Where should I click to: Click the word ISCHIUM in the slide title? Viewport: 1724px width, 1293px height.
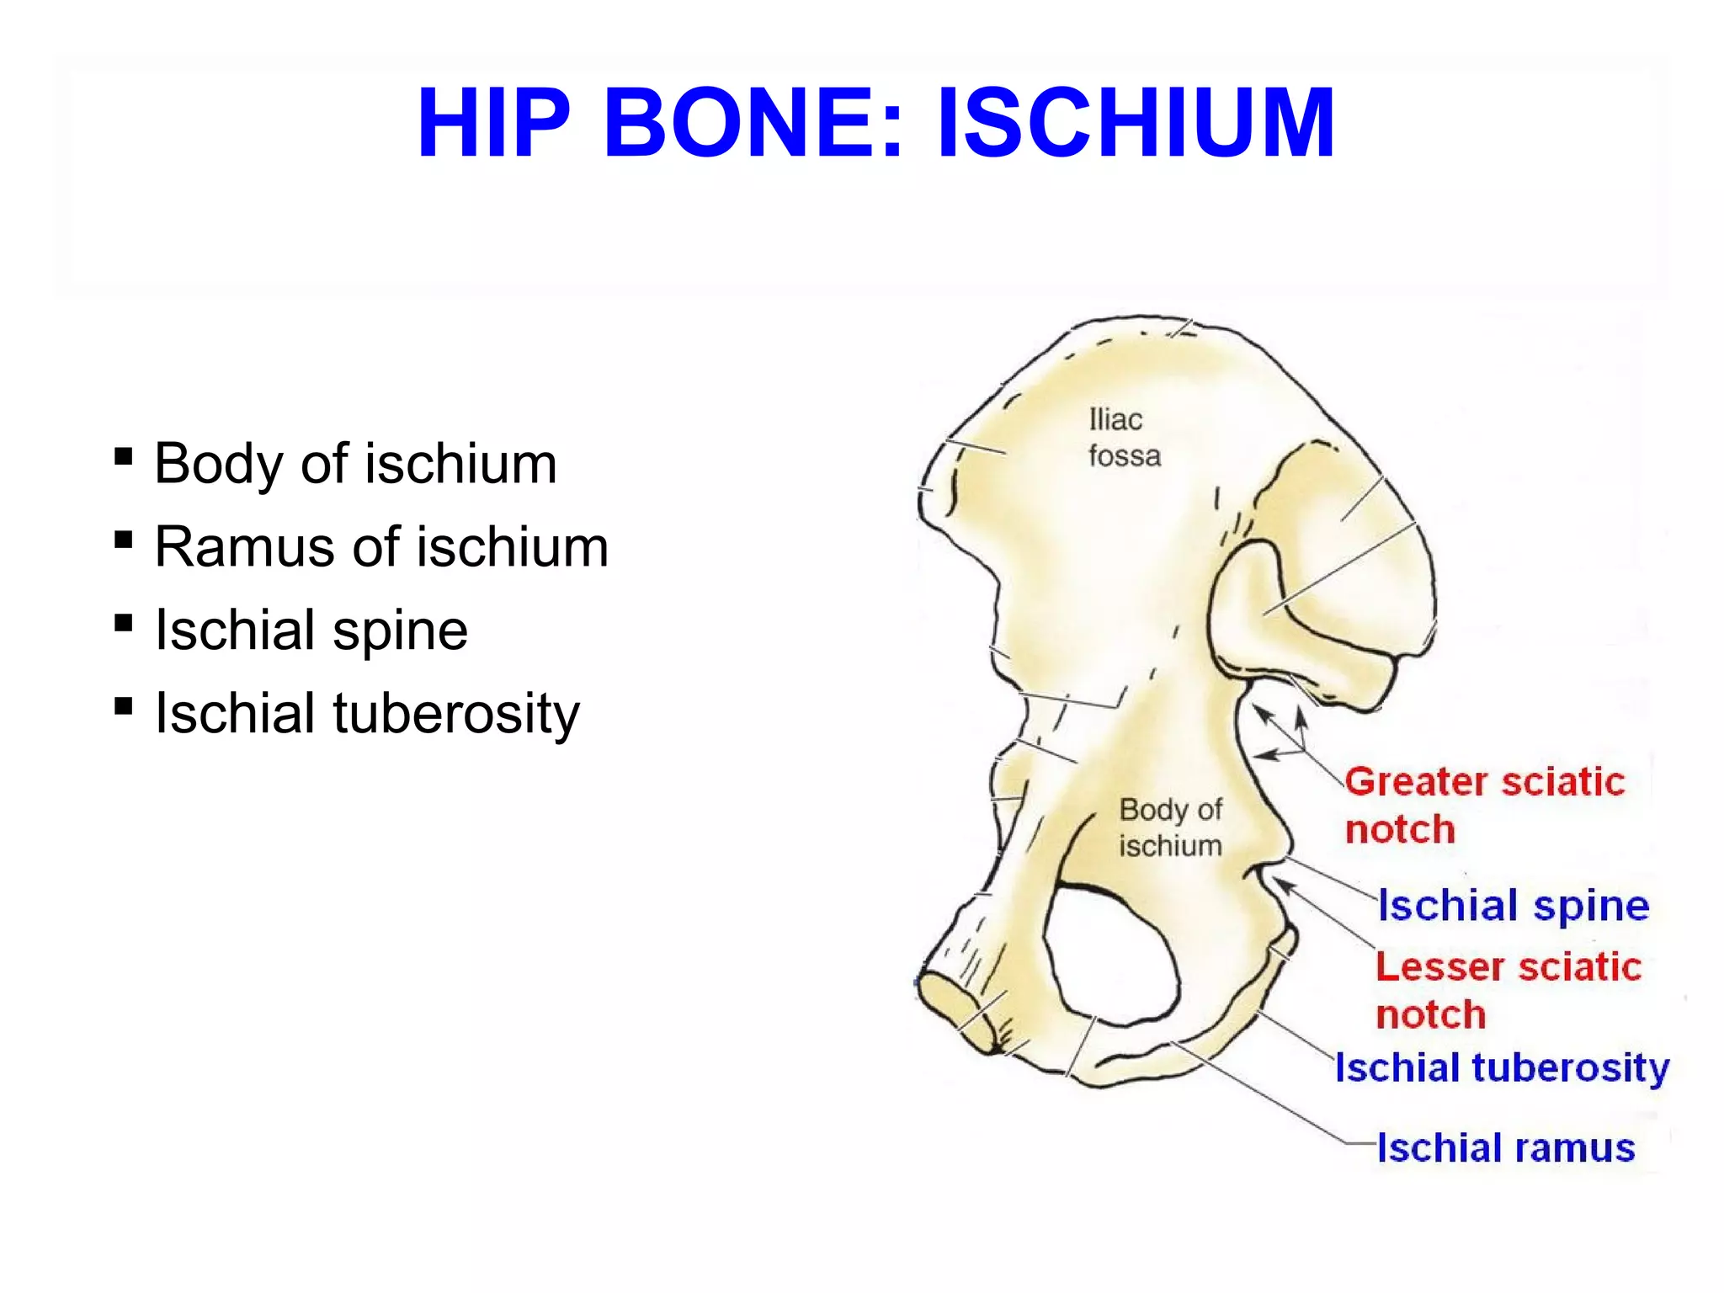pyautogui.click(x=1136, y=123)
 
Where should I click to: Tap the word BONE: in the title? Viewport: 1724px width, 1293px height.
pyautogui.click(x=753, y=123)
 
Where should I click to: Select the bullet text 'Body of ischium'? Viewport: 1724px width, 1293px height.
pyautogui.click(x=355, y=464)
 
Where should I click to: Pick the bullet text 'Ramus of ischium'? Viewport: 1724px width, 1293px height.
pyautogui.click(x=381, y=547)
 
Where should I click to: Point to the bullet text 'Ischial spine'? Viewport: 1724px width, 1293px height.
pyautogui.click(x=311, y=630)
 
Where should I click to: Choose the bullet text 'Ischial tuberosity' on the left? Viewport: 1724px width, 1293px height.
pyautogui.click(x=367, y=713)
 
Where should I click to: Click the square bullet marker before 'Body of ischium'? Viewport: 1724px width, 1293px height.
pyautogui.click(x=124, y=457)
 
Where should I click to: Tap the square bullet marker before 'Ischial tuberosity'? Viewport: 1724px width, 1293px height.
pyautogui.click(x=124, y=705)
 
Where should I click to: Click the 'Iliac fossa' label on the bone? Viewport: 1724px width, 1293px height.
pyautogui.click(x=1124, y=438)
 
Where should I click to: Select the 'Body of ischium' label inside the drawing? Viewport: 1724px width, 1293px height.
pyautogui.click(x=1170, y=827)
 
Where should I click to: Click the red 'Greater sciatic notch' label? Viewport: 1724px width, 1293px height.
pyautogui.click(x=1483, y=805)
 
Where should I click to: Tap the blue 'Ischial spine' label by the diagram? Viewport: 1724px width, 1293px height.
pyautogui.click(x=1513, y=906)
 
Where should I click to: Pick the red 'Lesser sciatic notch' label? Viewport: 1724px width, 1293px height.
pyautogui.click(x=1508, y=990)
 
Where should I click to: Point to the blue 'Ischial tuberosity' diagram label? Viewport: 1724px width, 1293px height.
pyautogui.click(x=1502, y=1067)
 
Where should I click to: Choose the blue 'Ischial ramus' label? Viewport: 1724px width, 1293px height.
pyautogui.click(x=1506, y=1147)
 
